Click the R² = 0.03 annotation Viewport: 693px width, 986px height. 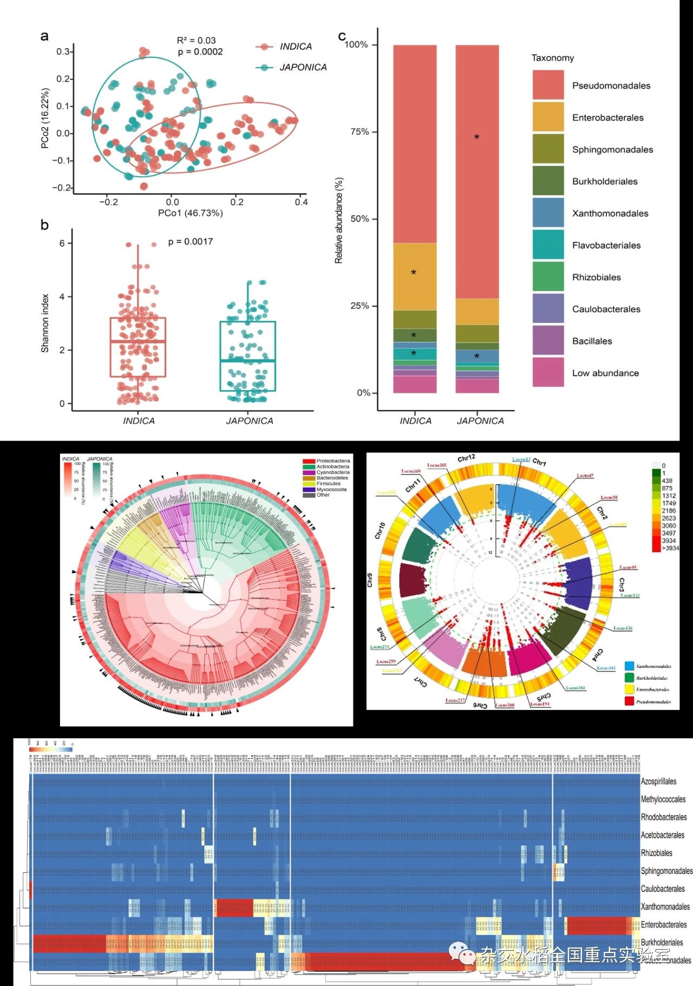click(196, 41)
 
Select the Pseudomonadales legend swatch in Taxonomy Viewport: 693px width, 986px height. click(548, 85)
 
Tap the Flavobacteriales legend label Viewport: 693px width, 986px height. click(606, 245)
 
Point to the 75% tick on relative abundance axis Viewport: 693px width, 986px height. click(361, 132)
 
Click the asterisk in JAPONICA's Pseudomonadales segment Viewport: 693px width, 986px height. click(476, 137)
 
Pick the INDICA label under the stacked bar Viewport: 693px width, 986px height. click(415, 420)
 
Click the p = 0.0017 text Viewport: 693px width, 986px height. click(191, 241)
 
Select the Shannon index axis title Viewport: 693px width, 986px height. click(45, 323)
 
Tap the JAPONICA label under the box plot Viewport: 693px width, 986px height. click(249, 420)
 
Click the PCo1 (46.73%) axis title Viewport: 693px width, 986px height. click(190, 213)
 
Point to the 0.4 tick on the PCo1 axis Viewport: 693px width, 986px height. click(301, 202)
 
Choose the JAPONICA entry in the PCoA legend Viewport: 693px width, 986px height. click(303, 67)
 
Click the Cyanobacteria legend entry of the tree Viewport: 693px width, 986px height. click(332, 472)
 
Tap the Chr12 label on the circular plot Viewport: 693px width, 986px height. click(466, 458)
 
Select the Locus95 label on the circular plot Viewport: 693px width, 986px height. click(628, 567)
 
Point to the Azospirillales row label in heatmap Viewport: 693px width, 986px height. click(658, 781)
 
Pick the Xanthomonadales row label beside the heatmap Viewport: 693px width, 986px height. click(665, 906)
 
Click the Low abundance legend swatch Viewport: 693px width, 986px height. click(548, 372)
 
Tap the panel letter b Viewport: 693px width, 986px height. click(44, 225)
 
